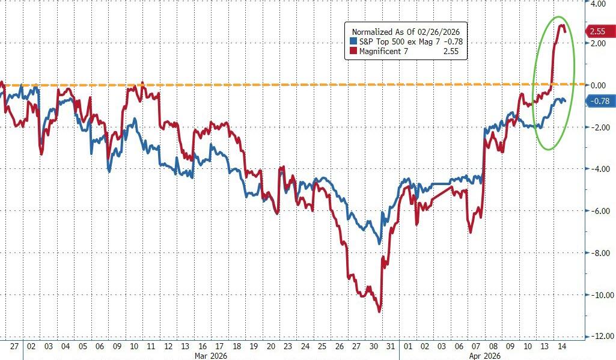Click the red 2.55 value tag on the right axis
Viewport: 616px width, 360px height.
[598, 31]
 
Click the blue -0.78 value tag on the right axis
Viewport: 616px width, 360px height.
[599, 101]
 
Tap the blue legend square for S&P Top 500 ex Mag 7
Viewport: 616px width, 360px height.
[353, 41]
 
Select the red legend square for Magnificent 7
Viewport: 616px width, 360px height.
[353, 52]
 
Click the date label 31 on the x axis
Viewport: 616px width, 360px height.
[391, 346]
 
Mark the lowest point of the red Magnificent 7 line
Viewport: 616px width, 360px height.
[379, 311]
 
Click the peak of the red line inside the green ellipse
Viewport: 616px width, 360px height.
[561, 25]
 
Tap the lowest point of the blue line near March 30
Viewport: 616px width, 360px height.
[379, 243]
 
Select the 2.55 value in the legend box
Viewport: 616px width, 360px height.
[451, 52]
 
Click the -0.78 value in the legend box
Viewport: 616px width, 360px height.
[451, 41]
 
